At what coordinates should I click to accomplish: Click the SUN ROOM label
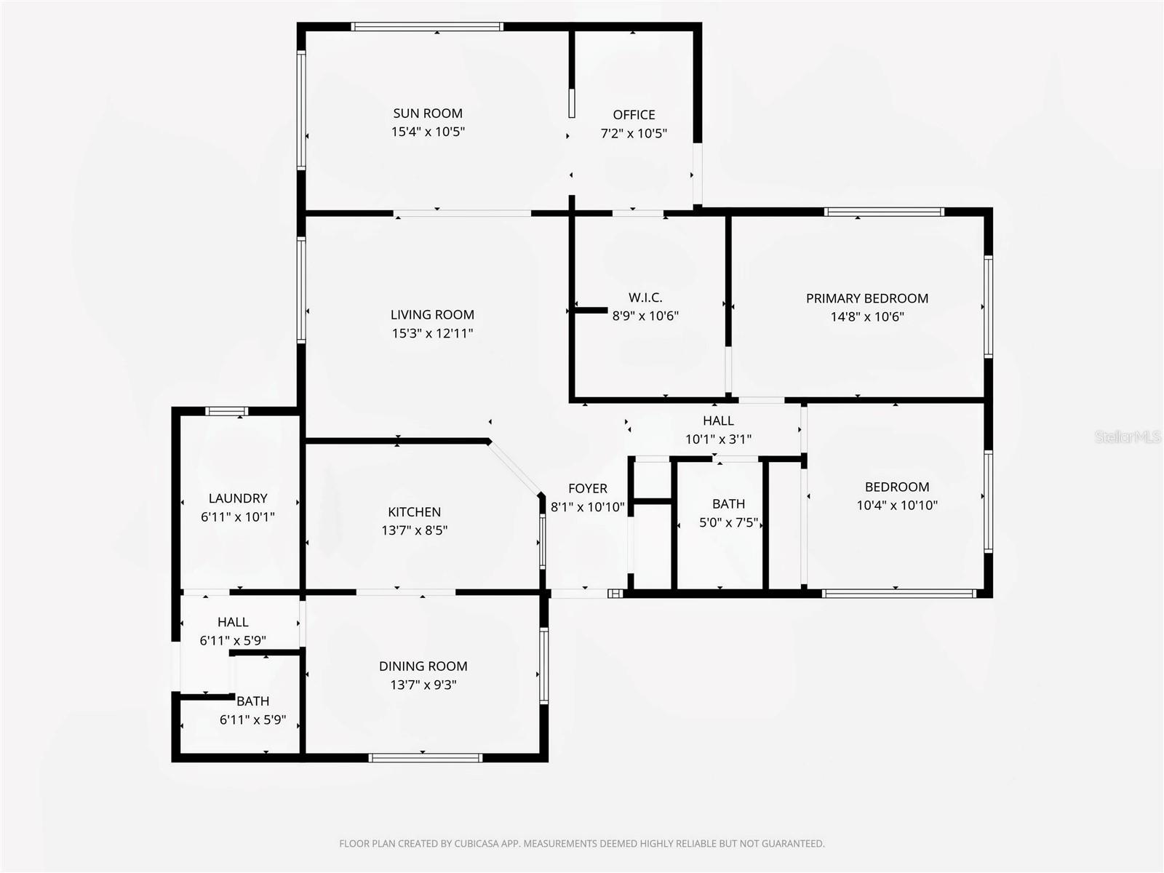tap(428, 113)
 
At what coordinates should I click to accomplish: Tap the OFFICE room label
tap(634, 115)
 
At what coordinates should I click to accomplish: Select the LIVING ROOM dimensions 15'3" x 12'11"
tap(432, 333)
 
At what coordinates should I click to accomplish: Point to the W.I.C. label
tap(645, 298)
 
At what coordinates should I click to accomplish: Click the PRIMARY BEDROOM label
tap(866, 298)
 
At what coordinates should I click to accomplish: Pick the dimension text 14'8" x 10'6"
tap(867, 316)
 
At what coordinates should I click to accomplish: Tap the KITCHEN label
tap(414, 512)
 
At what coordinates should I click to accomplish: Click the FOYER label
tap(588, 489)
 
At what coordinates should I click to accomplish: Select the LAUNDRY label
tap(238, 498)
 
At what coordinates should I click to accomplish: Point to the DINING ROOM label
tap(423, 666)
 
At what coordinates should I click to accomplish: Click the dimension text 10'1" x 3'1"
tap(718, 439)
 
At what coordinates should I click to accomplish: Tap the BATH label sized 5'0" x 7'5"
tap(728, 504)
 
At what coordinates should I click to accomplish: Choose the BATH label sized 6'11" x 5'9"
tap(253, 701)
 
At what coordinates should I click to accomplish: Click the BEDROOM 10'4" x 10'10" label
tap(896, 487)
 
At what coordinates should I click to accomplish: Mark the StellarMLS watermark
tap(1128, 437)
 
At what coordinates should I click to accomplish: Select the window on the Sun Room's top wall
tap(427, 27)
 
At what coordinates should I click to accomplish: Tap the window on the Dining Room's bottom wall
tap(426, 757)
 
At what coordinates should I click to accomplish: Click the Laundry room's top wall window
tap(227, 411)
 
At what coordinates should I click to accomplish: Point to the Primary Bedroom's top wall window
tap(884, 212)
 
